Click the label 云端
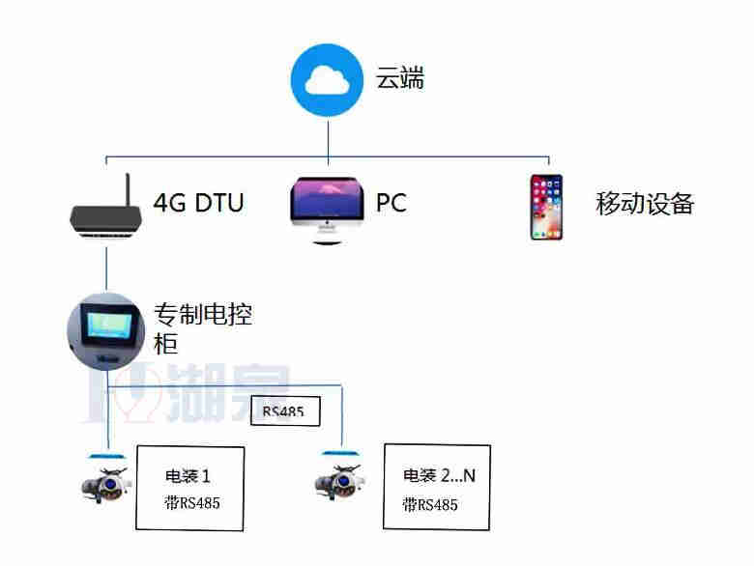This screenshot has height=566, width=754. point(399,79)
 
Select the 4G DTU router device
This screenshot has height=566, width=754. point(103,217)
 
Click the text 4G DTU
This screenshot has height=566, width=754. point(198,204)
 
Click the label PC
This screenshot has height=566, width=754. point(391,204)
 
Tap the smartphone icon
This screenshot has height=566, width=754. point(546,207)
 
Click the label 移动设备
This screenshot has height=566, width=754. point(645,204)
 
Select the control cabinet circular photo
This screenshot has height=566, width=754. point(106,328)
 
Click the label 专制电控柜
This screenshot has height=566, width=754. point(203,328)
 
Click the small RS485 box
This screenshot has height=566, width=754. point(284,412)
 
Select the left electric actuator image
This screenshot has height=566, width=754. point(103,480)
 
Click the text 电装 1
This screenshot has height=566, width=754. point(188,476)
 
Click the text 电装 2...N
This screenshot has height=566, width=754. point(439,475)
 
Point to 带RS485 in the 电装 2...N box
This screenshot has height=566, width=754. point(430,504)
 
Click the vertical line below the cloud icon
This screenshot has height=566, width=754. point(328,135)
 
